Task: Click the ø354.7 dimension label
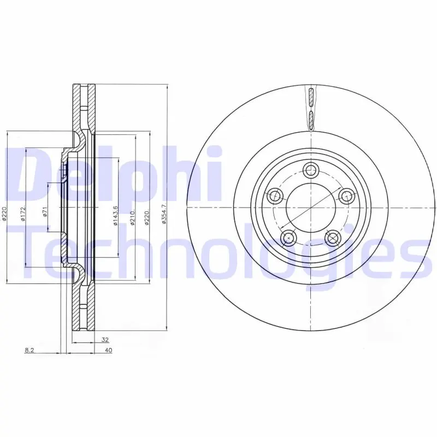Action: click(164, 214)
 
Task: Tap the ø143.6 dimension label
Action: click(115, 215)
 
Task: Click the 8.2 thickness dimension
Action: click(29, 350)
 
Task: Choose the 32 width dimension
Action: click(105, 340)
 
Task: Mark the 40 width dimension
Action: click(108, 350)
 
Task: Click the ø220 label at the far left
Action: click(4, 214)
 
